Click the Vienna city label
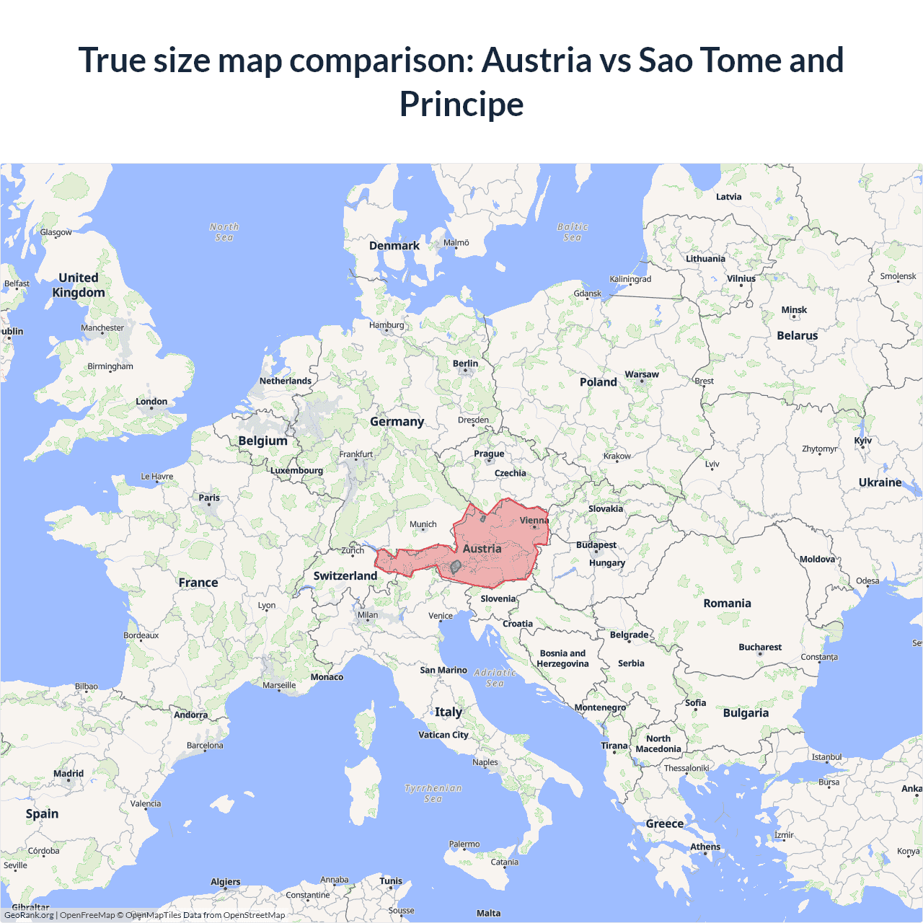[x=534, y=520]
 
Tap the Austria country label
[x=482, y=549]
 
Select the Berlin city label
[x=465, y=363]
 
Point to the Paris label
[x=209, y=498]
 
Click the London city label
[x=151, y=402]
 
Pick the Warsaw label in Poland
[x=642, y=374]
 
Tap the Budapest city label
[x=596, y=545]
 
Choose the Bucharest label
[x=760, y=647]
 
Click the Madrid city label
[x=69, y=774]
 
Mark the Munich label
[x=423, y=524]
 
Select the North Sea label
[x=224, y=231]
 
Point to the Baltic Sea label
[x=573, y=231]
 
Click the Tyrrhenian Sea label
[x=433, y=793]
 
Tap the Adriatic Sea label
[x=495, y=678]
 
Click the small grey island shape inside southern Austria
[x=456, y=567]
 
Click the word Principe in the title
[x=461, y=104]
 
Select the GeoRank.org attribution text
[x=29, y=915]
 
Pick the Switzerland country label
[x=345, y=575]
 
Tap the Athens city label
[x=705, y=847]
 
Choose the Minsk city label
[x=794, y=310]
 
